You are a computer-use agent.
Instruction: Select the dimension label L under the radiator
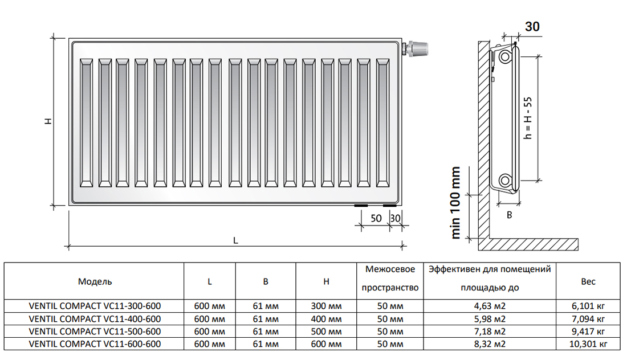[x=235, y=240]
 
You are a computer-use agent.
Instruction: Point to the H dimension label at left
[x=48, y=121]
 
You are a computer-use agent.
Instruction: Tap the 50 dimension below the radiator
[x=376, y=218]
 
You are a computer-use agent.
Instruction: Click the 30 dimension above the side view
[x=532, y=26]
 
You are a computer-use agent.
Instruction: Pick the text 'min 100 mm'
[x=455, y=203]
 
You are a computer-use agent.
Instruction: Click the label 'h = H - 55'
[x=528, y=118]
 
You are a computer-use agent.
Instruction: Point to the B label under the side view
[x=510, y=215]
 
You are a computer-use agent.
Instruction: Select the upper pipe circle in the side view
[x=505, y=57]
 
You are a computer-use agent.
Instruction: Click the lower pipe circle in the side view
[x=505, y=180]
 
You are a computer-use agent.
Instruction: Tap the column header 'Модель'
[x=95, y=282]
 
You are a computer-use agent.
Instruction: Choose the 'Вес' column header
[x=588, y=282]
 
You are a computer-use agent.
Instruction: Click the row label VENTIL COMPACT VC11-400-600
[x=95, y=319]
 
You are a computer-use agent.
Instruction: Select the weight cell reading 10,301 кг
[x=588, y=344]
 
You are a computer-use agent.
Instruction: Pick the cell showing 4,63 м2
[x=490, y=306]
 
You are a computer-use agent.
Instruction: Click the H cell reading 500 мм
[x=326, y=332]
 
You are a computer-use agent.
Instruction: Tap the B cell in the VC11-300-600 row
[x=266, y=306]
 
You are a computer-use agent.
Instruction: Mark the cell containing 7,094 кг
[x=588, y=319]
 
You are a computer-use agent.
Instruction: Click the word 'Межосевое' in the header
[x=390, y=269]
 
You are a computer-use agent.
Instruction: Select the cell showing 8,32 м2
[x=490, y=344]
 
